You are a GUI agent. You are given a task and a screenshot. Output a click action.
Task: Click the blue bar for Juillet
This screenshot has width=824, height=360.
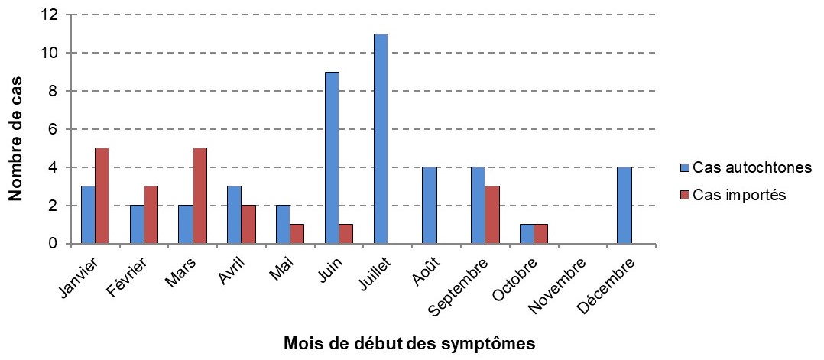tap(381, 139)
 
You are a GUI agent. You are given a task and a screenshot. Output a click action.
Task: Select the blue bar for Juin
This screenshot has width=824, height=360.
tap(332, 158)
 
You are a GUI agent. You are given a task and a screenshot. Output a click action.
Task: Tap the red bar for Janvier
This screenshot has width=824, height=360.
tap(102, 196)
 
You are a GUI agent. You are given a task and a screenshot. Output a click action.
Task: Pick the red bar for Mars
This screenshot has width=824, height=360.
tap(200, 196)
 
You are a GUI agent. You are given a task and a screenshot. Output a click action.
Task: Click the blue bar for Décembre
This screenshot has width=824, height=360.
tap(624, 206)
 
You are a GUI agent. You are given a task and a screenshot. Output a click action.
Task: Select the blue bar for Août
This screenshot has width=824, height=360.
tap(429, 206)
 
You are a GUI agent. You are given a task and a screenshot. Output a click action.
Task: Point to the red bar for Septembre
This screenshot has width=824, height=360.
tap(492, 216)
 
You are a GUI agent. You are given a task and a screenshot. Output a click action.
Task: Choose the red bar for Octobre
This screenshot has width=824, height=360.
tap(540, 235)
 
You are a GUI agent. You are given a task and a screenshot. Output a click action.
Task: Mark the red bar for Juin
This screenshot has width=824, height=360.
tap(346, 235)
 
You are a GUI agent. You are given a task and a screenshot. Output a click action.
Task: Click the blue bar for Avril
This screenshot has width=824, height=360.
tap(234, 216)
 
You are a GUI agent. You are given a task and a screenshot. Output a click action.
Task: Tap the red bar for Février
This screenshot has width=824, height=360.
tap(151, 216)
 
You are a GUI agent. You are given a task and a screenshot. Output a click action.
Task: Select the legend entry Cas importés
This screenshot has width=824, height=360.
tap(739, 195)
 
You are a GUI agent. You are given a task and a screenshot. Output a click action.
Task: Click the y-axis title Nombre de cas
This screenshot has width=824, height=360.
tap(15, 138)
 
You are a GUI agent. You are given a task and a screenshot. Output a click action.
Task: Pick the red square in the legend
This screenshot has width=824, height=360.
tap(685, 195)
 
